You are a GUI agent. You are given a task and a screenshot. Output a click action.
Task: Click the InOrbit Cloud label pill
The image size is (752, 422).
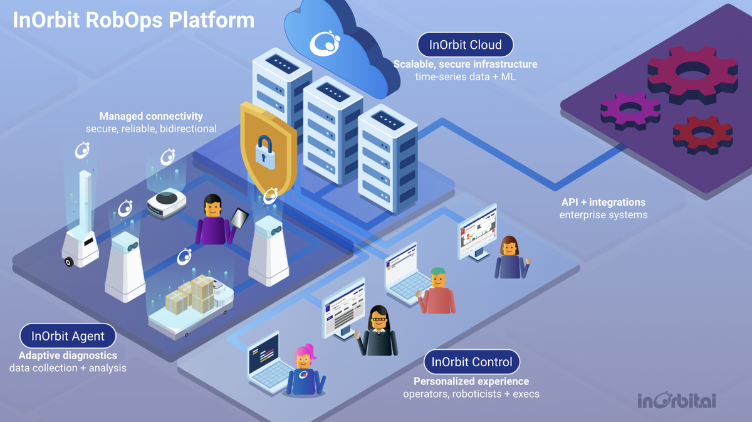click(465, 45)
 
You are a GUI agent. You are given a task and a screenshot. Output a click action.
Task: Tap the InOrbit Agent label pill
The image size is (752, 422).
click(68, 335)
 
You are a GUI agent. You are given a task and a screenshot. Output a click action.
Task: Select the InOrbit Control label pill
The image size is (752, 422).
click(472, 362)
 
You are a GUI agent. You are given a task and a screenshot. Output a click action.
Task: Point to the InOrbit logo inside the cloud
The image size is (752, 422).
click(325, 43)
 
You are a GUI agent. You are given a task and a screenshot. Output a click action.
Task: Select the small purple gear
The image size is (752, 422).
click(630, 111)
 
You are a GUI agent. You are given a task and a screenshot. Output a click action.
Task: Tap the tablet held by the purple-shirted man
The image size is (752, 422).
click(239, 218)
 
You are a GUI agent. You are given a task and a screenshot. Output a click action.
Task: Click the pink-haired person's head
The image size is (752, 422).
click(304, 357)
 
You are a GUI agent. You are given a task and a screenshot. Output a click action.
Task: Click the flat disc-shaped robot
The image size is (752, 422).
click(167, 203)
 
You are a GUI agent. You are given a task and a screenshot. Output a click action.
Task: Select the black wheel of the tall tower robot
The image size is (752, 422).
click(69, 261)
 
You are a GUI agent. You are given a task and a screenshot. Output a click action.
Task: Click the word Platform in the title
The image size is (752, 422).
click(212, 20)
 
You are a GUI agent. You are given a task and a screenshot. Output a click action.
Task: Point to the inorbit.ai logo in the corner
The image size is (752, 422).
click(677, 401)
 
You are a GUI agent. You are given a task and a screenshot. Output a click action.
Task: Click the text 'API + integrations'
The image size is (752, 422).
click(603, 203)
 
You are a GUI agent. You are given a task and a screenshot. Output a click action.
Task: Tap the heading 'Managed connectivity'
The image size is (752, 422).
click(151, 116)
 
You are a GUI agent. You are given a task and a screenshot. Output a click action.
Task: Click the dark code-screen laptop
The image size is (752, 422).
click(268, 361)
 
